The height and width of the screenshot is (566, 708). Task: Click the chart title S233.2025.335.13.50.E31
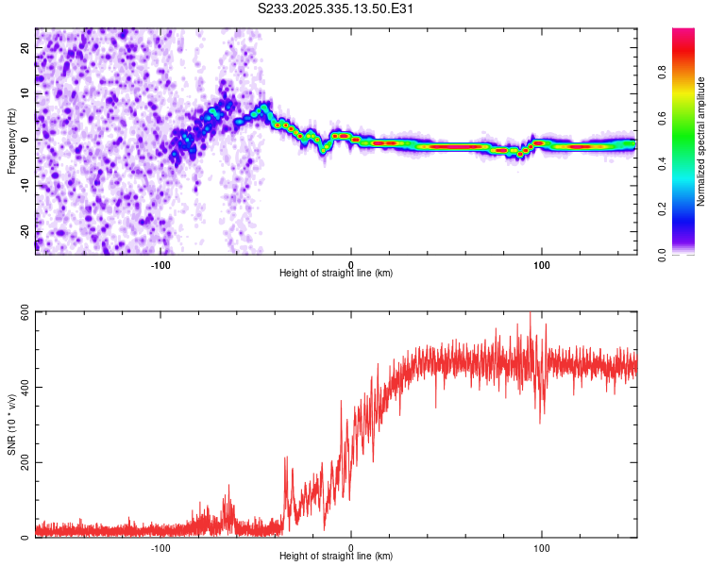pos(337,8)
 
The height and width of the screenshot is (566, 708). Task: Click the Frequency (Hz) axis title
pos(12,141)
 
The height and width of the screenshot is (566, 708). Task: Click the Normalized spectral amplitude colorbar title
pos(701,141)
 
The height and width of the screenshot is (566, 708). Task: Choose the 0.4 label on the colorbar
pos(663,163)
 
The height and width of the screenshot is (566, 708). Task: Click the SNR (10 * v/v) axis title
pos(12,424)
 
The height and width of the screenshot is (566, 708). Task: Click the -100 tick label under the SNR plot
pos(160,546)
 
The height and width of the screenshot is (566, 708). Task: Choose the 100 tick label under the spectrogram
pos(542,263)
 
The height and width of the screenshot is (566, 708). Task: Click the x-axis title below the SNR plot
pos(336,557)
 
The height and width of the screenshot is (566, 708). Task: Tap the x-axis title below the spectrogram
pos(336,274)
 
